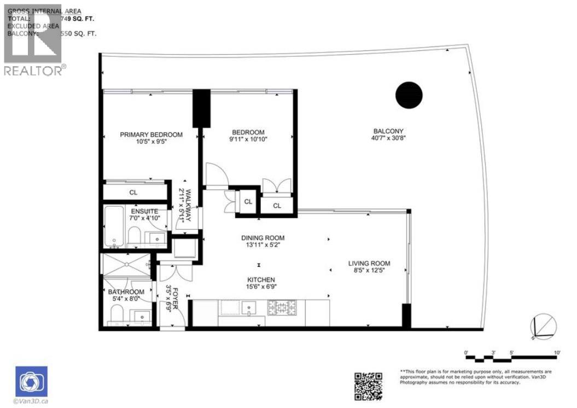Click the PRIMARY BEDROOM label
[151, 135]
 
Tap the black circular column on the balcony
[409, 95]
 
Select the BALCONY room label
[388, 131]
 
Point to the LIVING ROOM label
[369, 264]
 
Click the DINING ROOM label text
[263, 238]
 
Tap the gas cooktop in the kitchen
[281, 307]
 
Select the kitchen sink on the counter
[249, 308]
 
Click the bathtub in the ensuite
[114, 226]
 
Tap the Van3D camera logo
[31, 381]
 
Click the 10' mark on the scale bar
[556, 353]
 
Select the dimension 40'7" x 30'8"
[388, 138]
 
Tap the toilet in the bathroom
[116, 314]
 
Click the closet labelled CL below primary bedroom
[133, 193]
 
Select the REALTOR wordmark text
[34, 70]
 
